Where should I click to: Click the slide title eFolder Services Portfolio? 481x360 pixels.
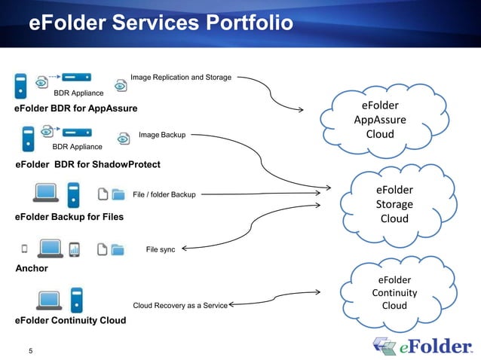tap(160, 24)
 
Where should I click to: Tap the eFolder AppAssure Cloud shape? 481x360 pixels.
tap(379, 121)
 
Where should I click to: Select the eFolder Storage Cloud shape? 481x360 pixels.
tap(394, 204)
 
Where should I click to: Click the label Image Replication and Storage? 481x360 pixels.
tap(180, 77)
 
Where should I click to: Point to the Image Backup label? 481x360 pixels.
tap(162, 136)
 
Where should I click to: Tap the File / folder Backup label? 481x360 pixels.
tap(164, 195)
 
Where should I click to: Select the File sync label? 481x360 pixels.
tap(160, 249)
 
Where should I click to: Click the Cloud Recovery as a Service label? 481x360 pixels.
tap(179, 306)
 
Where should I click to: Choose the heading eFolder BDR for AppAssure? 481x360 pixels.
tap(76, 108)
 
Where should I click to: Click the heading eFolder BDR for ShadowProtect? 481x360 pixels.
tap(87, 164)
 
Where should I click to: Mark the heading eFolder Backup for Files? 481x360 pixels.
tap(69, 217)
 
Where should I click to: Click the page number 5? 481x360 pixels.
tap(31, 349)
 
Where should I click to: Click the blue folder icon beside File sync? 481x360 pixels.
tap(118, 249)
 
